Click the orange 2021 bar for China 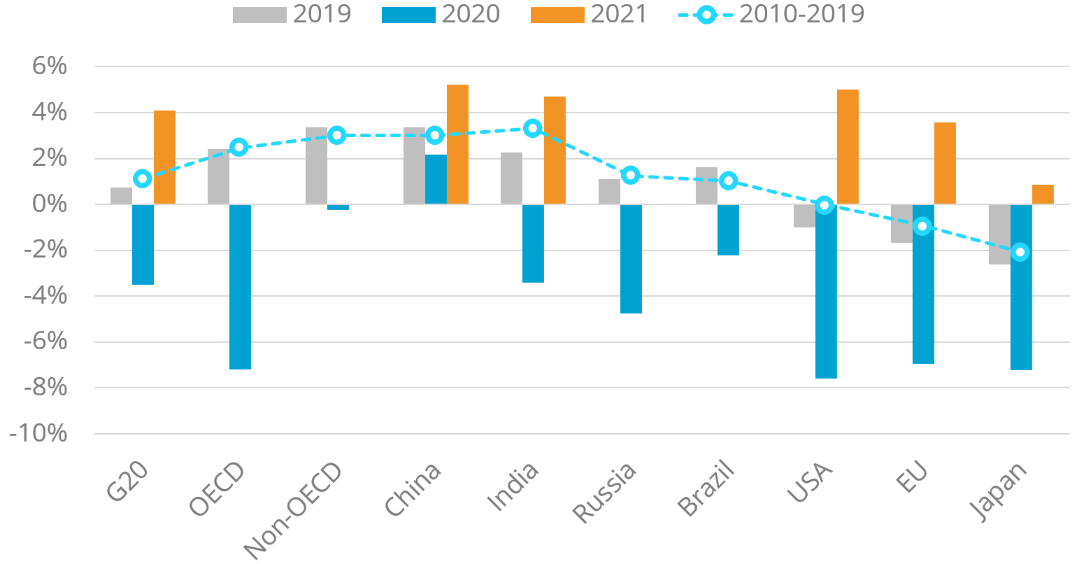tap(457, 144)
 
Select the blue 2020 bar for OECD tap(240, 287)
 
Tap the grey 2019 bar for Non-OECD tap(316, 166)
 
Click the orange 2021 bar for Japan tap(1043, 195)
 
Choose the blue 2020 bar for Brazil tap(728, 230)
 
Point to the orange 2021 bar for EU tap(945, 163)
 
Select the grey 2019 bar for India tap(511, 178)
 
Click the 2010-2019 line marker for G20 tap(143, 178)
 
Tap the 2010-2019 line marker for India tap(533, 128)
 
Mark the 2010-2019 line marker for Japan tap(1020, 252)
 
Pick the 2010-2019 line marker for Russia tap(630, 175)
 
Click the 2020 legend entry tap(441, 14)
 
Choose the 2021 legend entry tap(590, 14)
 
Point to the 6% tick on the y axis tap(48, 66)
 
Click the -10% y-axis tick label tap(38, 434)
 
